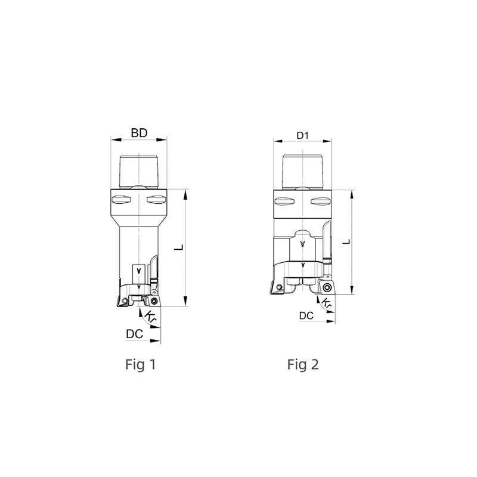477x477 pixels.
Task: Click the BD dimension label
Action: [139, 133]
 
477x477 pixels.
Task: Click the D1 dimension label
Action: [302, 136]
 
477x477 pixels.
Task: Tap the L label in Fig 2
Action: [346, 242]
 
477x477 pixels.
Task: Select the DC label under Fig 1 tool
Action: [135, 334]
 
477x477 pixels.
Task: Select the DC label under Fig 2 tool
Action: [306, 316]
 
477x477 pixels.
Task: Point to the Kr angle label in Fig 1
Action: [150, 317]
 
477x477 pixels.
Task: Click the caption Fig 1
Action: [141, 364]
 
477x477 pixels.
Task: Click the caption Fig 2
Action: [303, 364]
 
